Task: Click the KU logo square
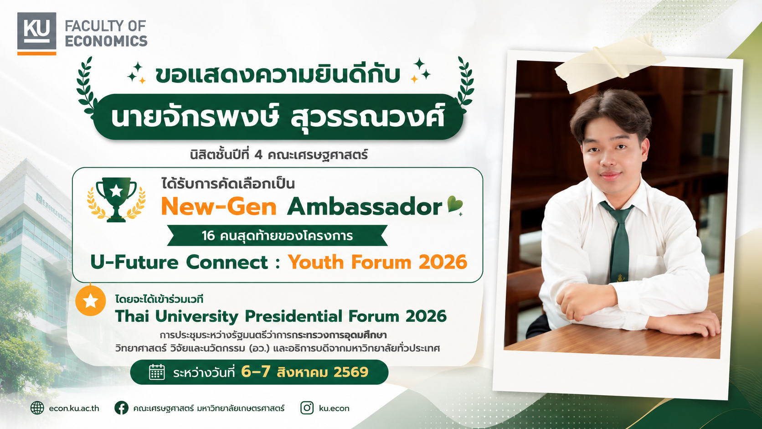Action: pos(37,33)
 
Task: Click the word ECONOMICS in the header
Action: pos(106,41)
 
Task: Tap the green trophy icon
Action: pos(116,200)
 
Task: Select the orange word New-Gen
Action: pos(219,207)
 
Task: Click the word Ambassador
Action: pos(364,206)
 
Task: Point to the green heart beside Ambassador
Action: pos(455,204)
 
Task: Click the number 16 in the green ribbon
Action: pos(208,235)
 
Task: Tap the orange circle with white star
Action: pos(91,301)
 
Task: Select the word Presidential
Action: pos(293,316)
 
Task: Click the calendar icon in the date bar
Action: pos(157,372)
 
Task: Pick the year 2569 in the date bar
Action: pos(351,372)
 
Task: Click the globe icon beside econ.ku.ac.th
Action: pos(37,408)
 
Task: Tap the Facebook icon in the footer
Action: pos(121,408)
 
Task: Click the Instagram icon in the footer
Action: pos(307,408)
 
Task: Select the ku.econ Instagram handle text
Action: pos(334,408)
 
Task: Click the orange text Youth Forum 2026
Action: pos(378,262)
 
